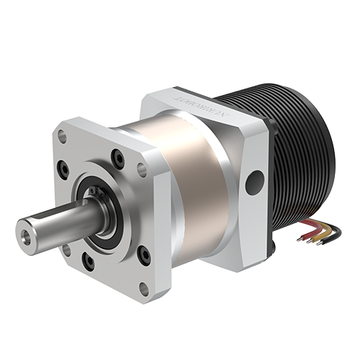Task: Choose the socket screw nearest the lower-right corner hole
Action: [145, 253]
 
